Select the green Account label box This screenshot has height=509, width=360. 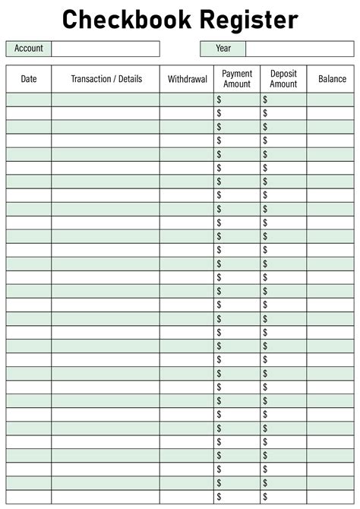tap(29, 49)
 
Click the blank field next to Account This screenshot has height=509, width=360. tap(106, 49)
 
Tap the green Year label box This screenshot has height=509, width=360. tap(223, 49)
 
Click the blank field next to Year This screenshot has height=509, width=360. tap(299, 49)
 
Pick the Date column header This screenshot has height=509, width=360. tap(29, 79)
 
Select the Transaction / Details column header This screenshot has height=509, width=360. tap(106, 79)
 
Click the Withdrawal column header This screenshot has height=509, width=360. tap(188, 79)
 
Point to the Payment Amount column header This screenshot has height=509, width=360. tap(237, 79)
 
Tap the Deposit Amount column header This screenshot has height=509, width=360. tap(283, 79)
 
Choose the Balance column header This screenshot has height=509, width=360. tap(332, 79)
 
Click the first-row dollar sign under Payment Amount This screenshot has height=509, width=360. tap(219, 100)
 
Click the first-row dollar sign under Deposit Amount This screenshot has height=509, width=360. tap(265, 100)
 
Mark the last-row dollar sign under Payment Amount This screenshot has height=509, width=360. tap(219, 496)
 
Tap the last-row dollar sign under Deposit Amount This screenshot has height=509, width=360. tap(265, 496)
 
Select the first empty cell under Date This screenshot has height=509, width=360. tap(29, 100)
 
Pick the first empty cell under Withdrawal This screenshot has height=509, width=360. tap(188, 100)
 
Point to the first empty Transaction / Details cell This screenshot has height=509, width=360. tap(106, 100)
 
